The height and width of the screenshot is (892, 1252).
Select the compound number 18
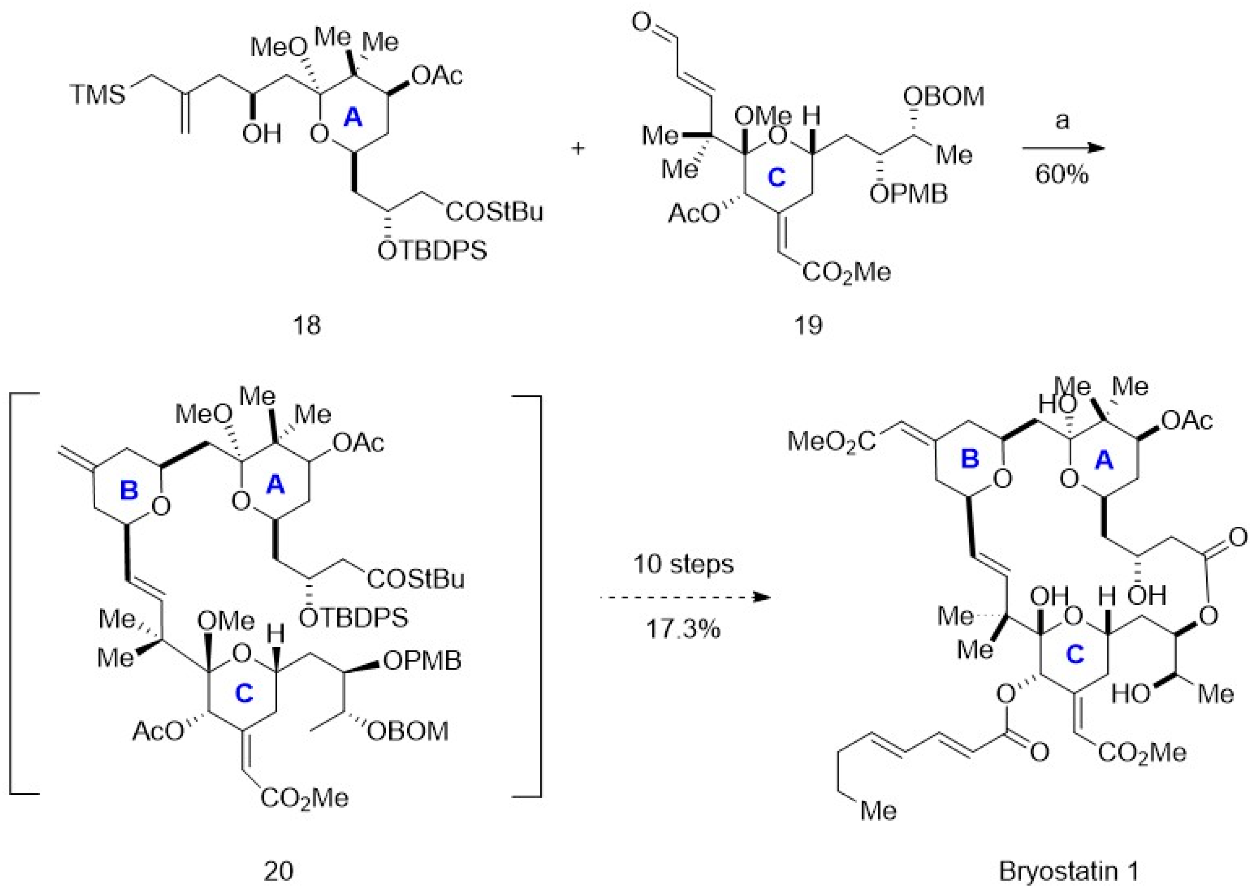[x=306, y=325]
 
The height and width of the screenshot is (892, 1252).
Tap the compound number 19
[x=808, y=325]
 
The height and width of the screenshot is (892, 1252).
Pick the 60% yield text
[x=1061, y=175]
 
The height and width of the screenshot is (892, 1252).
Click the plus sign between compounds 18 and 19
[x=578, y=148]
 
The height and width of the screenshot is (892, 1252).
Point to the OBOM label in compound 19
[x=944, y=97]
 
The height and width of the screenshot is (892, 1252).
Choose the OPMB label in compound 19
[x=908, y=193]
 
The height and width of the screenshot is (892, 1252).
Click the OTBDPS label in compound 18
[x=432, y=251]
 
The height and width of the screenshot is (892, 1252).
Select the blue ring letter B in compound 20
[x=129, y=491]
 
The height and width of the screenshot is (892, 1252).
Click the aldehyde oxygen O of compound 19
[x=641, y=23]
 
